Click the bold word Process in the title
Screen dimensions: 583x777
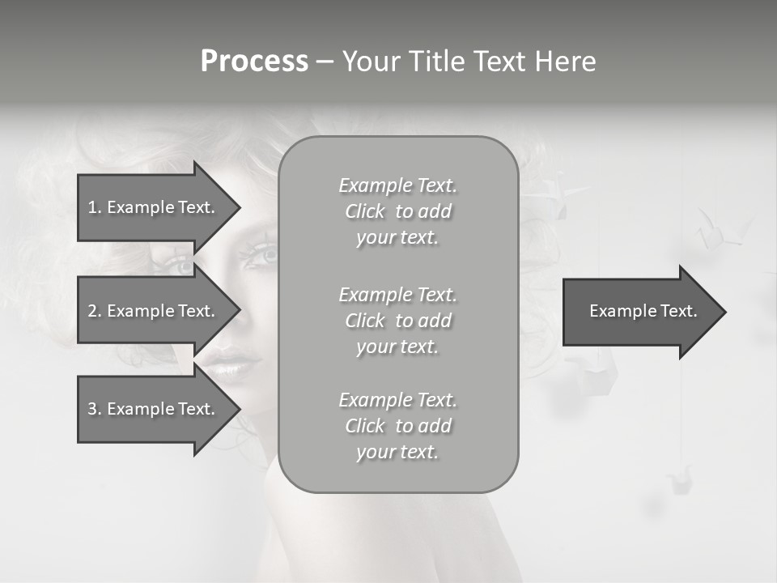tap(254, 62)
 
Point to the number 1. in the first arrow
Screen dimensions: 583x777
tap(95, 207)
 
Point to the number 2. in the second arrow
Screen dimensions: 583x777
tap(95, 311)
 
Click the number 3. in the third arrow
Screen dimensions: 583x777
tap(95, 409)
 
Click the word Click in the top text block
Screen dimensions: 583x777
tap(365, 211)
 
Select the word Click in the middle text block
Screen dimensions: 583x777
tap(365, 321)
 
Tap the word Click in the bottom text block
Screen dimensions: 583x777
tap(365, 426)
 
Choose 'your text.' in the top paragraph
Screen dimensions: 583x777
tap(397, 238)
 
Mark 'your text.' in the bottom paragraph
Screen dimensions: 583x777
tap(397, 453)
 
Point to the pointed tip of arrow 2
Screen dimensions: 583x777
tap(239, 311)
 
